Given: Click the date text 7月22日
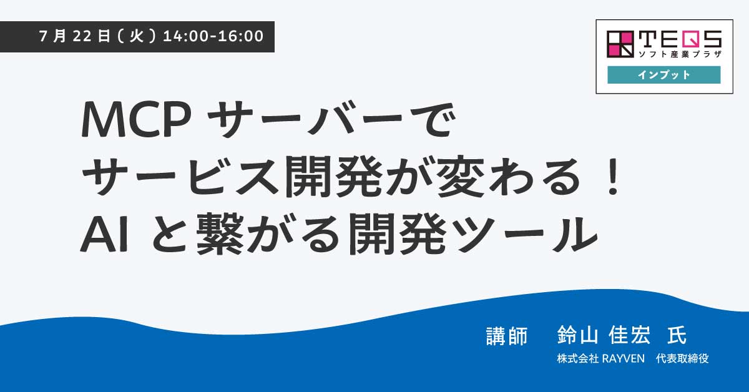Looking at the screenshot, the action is [74, 36].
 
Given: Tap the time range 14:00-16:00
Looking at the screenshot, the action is [213, 36].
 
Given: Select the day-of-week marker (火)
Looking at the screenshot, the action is [137, 36].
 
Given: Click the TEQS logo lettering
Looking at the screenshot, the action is [680, 39].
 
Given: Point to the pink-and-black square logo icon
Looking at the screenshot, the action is [620, 44].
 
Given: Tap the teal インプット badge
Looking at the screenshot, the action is [663, 74].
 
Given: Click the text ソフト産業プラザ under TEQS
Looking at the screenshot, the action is [680, 54].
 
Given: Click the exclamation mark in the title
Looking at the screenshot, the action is [613, 178].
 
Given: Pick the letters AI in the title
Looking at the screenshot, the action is [104, 234].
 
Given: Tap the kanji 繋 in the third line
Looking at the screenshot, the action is [220, 234].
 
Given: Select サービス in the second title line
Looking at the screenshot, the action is [181, 177].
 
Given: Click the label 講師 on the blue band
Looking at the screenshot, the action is [507, 336].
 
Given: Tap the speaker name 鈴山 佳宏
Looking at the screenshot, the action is [604, 335].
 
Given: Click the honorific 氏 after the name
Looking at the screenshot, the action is [677, 335].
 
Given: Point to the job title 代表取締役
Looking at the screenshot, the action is [682, 358].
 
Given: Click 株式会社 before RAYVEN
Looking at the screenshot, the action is [578, 358].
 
